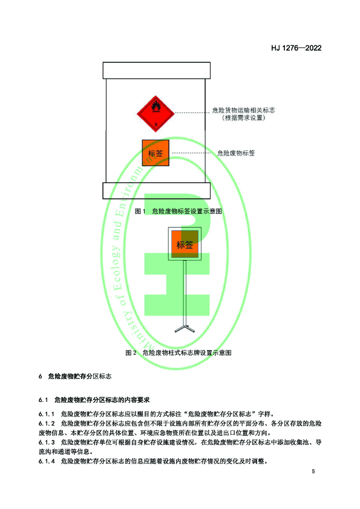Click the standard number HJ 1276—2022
point(296,48)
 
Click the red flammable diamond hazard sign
point(155,114)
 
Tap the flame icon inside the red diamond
point(156,106)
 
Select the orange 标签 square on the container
point(155,153)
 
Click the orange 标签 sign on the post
point(185,244)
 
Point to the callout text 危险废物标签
point(236,153)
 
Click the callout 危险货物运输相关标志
point(243,110)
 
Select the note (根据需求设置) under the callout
point(244,118)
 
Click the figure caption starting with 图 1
point(178,211)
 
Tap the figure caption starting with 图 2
point(178,352)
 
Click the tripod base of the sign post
point(185,328)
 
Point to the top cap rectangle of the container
point(157,71)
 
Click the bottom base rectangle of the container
point(157,190)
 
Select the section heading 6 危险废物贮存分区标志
point(75,376)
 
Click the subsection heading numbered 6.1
point(94,400)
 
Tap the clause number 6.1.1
point(47,414)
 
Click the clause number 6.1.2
point(47,424)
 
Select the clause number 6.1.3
point(47,443)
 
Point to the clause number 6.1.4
point(47,461)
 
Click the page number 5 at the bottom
point(313,472)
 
